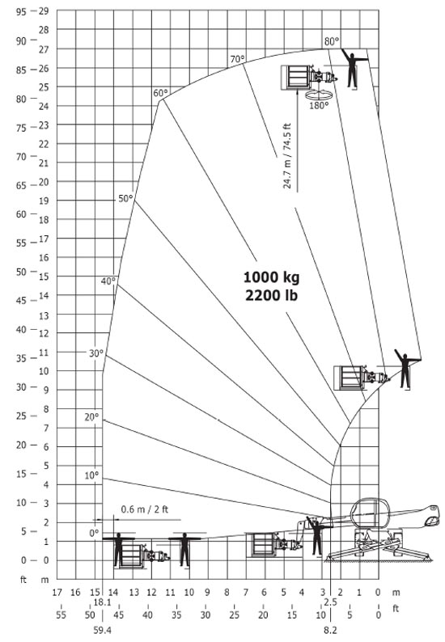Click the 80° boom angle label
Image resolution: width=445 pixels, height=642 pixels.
(332, 41)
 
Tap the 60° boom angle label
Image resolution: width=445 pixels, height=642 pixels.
(160, 93)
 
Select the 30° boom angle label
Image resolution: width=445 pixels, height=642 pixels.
(96, 353)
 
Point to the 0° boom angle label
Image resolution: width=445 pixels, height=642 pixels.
(94, 533)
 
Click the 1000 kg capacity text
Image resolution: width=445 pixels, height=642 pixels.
(271, 277)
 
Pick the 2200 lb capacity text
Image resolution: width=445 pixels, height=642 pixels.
(271, 295)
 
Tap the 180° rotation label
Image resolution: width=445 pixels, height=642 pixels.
(319, 106)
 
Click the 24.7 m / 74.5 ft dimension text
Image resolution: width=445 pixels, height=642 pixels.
(287, 155)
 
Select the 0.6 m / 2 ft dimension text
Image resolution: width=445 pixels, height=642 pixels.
(145, 509)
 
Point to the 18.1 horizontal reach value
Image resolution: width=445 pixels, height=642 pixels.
(103, 602)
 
